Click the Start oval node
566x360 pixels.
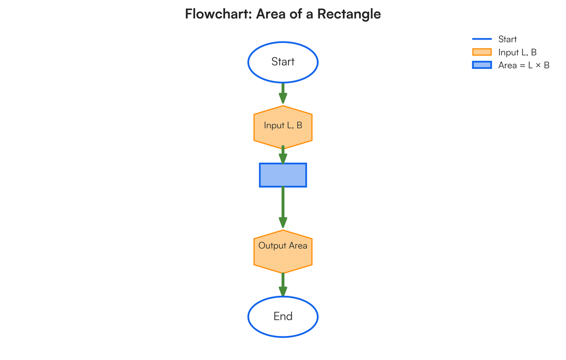(283, 62)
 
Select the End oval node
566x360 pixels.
(283, 317)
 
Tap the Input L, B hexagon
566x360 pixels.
(283, 126)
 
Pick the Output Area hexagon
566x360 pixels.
(283, 252)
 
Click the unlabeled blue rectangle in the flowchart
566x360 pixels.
(283, 175)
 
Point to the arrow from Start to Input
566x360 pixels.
(283, 93)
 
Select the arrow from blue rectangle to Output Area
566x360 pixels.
(283, 208)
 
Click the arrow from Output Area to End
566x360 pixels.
(283, 285)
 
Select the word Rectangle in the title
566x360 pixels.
(349, 14)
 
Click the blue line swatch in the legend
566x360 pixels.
(482, 39)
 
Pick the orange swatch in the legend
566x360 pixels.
(482, 52)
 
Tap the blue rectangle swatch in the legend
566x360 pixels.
(482, 66)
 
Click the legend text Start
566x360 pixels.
(508, 39)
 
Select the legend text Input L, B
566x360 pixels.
(517, 52)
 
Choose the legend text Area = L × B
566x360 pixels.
(524, 66)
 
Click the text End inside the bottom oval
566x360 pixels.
(283, 317)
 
